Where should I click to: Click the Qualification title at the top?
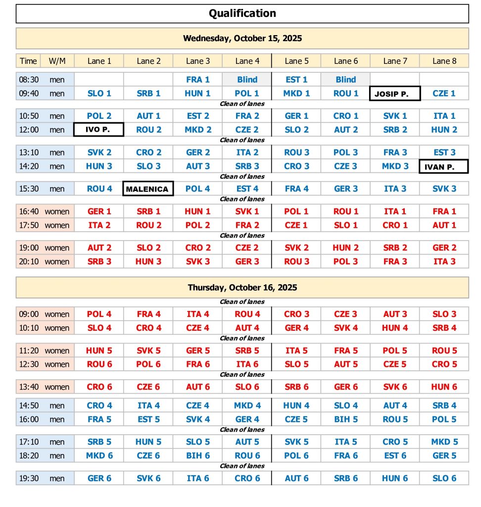[242, 13]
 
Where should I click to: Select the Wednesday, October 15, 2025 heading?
[242, 38]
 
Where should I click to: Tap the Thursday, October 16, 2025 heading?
[242, 287]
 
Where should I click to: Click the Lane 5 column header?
[296, 61]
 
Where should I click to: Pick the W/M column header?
[57, 61]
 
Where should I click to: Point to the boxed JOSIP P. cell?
[395, 93]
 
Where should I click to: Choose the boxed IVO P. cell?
[98, 130]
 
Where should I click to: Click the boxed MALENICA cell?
[148, 189]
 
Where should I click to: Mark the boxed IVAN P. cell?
[444, 166]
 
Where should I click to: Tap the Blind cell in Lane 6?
[345, 79]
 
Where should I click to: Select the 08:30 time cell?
[28, 79]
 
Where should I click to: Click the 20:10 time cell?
[28, 261]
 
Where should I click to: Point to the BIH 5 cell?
[345, 419]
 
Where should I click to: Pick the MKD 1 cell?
[296, 93]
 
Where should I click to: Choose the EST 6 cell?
[395, 456]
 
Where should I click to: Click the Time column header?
[28, 61]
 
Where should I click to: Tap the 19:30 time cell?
[28, 478]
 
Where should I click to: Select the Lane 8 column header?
[444, 61]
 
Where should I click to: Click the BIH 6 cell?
[197, 456]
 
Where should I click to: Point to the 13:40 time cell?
[28, 387]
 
